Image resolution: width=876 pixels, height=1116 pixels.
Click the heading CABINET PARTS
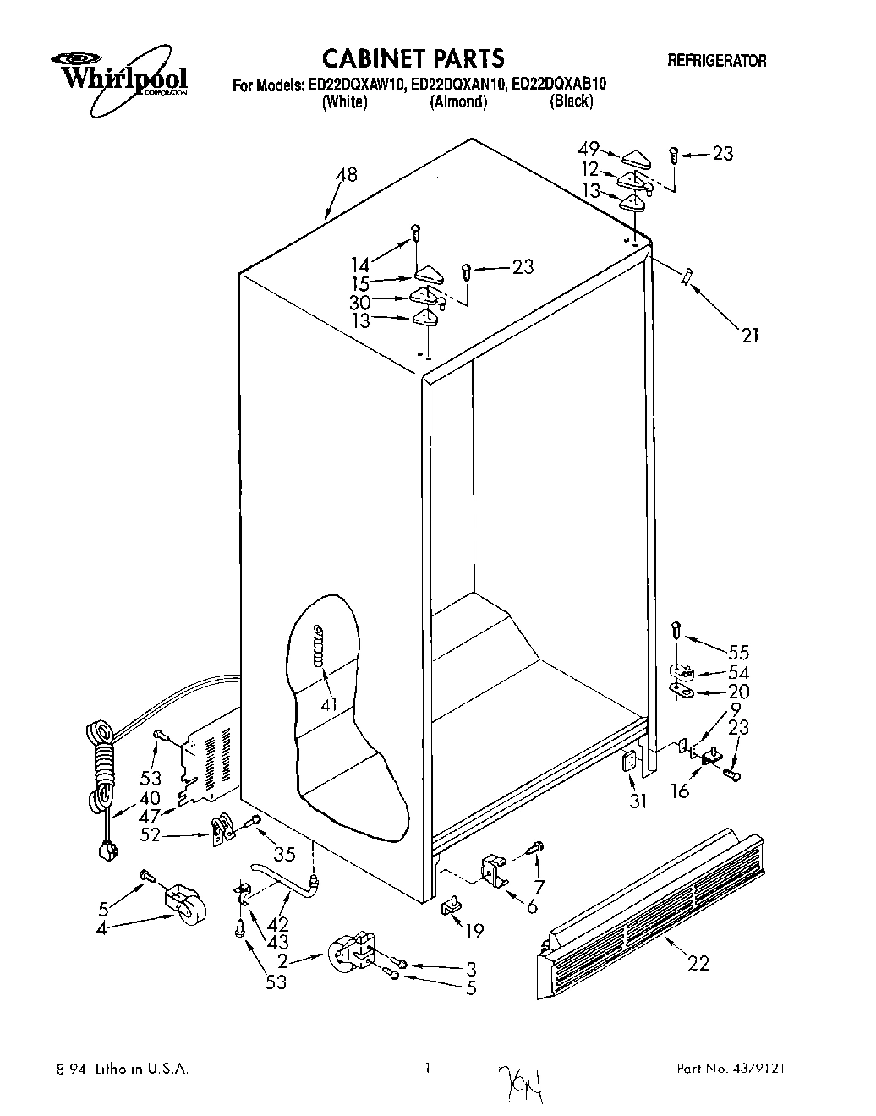[414, 57]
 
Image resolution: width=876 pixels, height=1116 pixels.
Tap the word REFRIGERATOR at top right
[717, 61]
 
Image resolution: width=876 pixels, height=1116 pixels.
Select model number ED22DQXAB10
[560, 85]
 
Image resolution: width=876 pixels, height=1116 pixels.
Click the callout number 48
[346, 175]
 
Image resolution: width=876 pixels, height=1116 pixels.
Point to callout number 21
[749, 336]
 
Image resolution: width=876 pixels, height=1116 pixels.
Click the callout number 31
[638, 801]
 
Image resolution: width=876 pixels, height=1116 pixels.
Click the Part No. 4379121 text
[731, 1069]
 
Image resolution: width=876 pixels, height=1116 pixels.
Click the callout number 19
[475, 931]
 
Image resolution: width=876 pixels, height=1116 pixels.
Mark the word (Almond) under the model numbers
[458, 102]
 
